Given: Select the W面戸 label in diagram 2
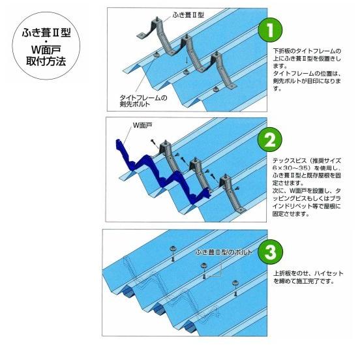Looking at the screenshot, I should (142, 123).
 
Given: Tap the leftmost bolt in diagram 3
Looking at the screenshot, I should (175, 252).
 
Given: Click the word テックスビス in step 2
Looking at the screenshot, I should (286, 160).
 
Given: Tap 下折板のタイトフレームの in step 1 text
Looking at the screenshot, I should (305, 50).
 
